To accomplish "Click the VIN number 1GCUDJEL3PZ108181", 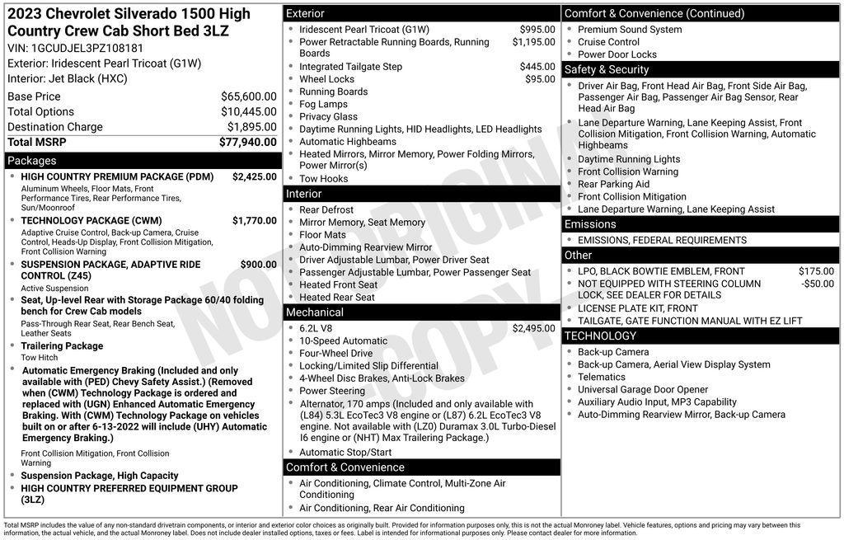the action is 87,48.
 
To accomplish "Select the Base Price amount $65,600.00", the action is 248,96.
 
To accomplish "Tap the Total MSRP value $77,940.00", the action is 247,142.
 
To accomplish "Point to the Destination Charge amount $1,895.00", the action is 251,127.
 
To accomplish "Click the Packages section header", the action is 32,161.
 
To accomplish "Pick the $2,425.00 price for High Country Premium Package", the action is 254,176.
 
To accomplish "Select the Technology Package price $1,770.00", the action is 254,221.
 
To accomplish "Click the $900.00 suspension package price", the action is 258,265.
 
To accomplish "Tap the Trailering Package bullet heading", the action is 62,346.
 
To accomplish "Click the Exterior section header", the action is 305,13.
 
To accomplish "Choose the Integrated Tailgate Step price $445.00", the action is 537,67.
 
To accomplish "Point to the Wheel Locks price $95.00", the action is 540,79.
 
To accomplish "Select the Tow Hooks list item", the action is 323,179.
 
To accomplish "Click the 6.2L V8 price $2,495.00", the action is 533,328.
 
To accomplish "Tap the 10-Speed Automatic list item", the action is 343,341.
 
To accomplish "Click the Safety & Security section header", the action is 607,70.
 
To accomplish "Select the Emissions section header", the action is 590,224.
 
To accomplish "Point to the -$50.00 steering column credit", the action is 817,284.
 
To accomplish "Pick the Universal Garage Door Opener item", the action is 643,390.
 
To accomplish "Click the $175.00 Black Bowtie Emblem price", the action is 816,271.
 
